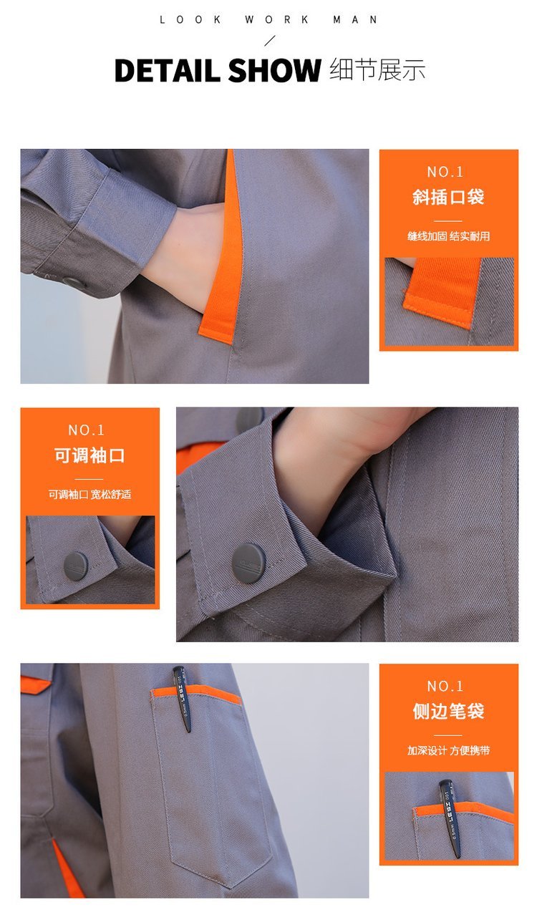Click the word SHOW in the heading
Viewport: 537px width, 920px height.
click(x=274, y=70)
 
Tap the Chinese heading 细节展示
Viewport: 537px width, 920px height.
click(x=377, y=69)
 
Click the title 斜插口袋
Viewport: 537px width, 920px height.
click(x=448, y=197)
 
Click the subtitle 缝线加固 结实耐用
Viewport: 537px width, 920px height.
click(x=448, y=236)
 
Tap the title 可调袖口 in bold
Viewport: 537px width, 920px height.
click(x=89, y=455)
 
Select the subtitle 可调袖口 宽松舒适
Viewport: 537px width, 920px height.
click(x=89, y=495)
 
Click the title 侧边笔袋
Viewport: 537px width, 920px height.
click(x=448, y=712)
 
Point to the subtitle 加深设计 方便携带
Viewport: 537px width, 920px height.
click(x=448, y=750)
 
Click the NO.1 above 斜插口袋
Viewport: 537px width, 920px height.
click(x=445, y=172)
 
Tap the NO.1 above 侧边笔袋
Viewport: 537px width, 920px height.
click(x=445, y=687)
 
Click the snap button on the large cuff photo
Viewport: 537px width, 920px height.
click(x=248, y=562)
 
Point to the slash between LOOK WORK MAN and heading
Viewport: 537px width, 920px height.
click(x=269, y=41)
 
